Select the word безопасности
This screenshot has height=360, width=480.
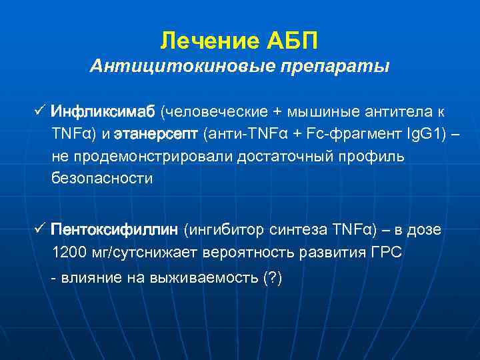tap(102, 179)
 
